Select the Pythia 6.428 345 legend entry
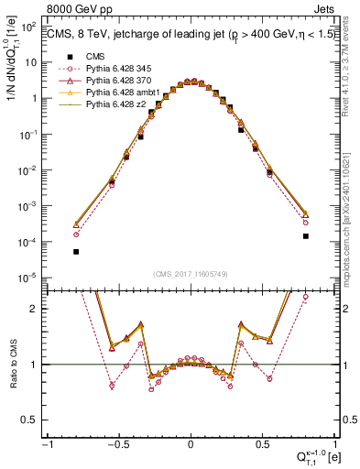pyautogui.click(x=121, y=69)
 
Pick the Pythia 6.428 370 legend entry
pyautogui.click(x=121, y=81)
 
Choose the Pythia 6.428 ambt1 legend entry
pyautogui.click(x=125, y=93)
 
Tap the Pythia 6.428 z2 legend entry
pyautogui.click(x=118, y=104)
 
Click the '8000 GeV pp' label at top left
pyautogui.click(x=76, y=9)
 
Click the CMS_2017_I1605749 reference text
pyautogui.click(x=190, y=275)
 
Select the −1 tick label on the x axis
pyautogui.click(x=48, y=446)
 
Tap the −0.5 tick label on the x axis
pyautogui.click(x=117, y=446)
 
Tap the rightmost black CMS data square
pyautogui.click(x=306, y=236)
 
